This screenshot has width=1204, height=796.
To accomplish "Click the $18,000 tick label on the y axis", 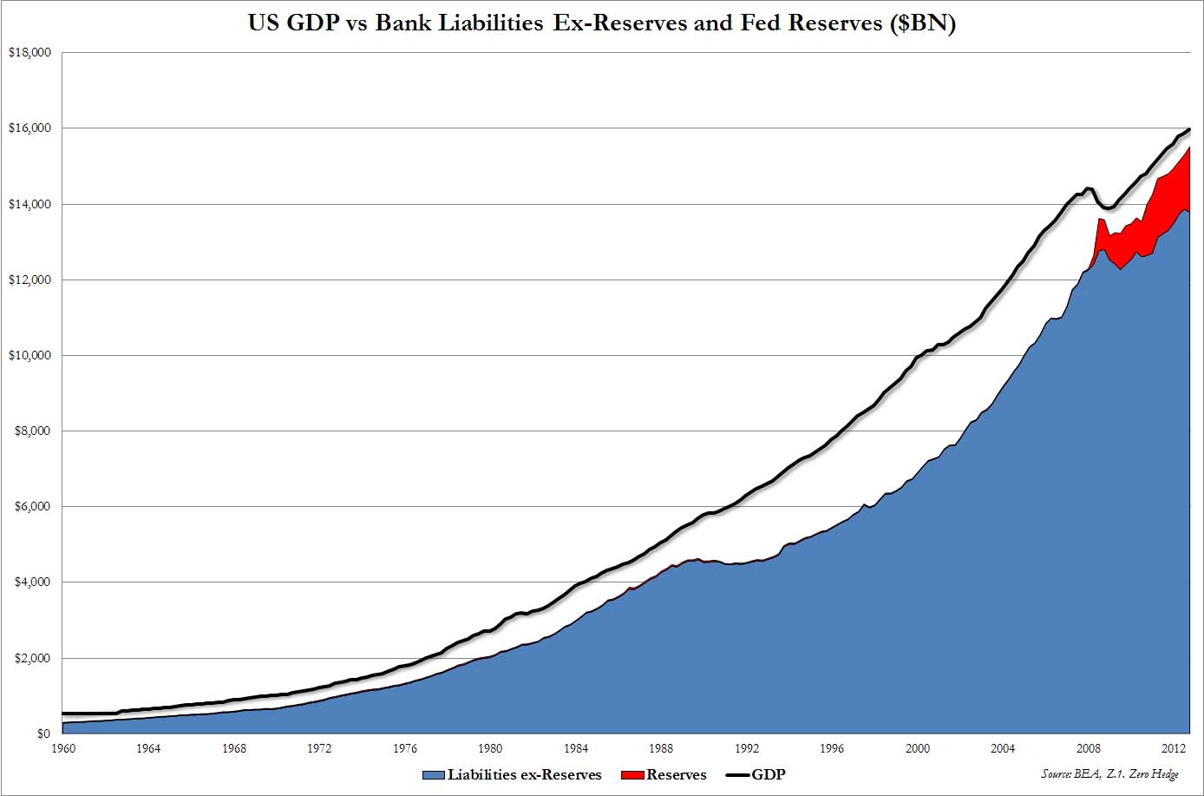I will click(x=30, y=53).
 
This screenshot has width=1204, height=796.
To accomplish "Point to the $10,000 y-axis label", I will click(x=30, y=356).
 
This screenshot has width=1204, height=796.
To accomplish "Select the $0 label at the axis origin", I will click(x=42, y=734).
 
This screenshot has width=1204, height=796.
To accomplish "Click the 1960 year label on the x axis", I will click(x=62, y=749).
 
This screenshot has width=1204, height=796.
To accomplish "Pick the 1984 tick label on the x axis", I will click(x=576, y=749).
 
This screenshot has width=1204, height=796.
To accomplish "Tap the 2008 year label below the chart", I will click(x=1089, y=749).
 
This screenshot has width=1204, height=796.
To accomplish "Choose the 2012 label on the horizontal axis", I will click(x=1174, y=749).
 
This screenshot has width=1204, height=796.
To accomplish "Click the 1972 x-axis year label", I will click(x=319, y=749).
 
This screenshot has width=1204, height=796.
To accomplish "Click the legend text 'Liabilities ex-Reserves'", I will click(x=525, y=775).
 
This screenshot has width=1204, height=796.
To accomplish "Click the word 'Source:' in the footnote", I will click(x=1057, y=773).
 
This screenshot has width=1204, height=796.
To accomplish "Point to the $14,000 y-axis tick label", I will click(x=30, y=205).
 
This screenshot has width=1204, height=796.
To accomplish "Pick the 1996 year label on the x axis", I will click(x=832, y=749).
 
